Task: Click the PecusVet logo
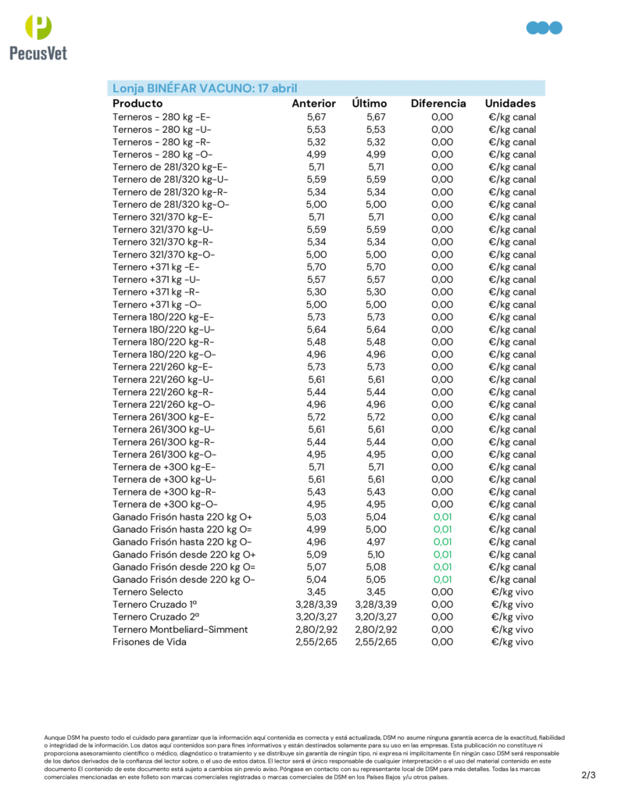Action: point(38,37)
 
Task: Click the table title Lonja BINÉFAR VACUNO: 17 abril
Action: point(205,88)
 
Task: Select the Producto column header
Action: point(138,103)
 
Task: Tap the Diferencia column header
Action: point(438,103)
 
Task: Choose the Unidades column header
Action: point(510,103)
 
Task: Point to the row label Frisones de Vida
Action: point(154,641)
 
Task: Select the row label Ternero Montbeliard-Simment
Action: point(180,629)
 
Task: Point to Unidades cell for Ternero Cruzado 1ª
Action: point(513,604)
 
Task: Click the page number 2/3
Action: point(588,775)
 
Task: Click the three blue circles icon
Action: point(545,28)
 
